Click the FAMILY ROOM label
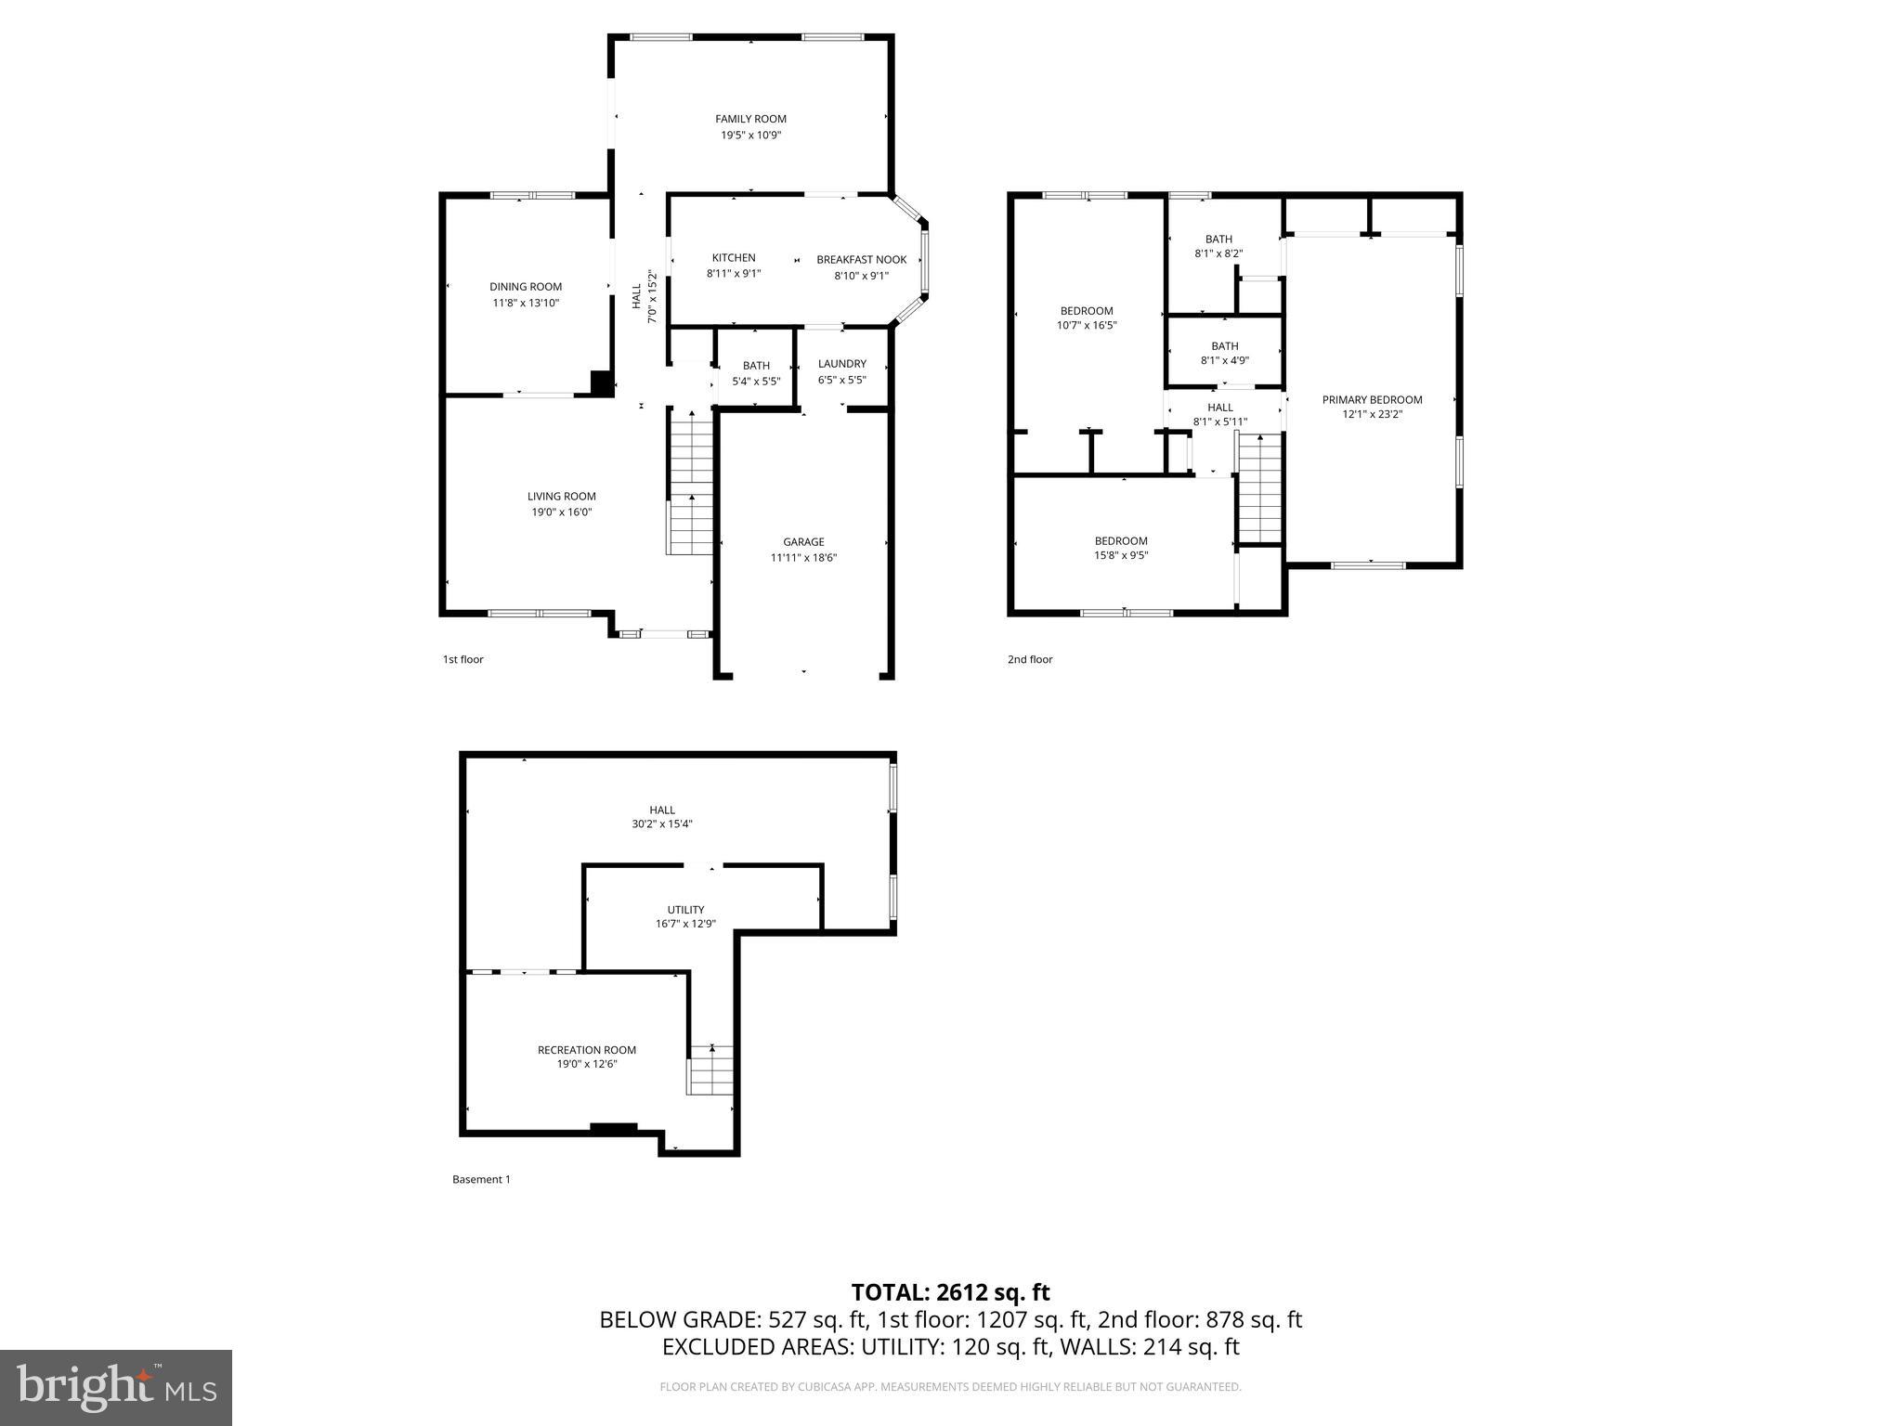750,119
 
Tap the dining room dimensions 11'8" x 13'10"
526,303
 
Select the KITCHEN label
734,258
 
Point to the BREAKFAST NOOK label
861,260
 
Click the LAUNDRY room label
841,364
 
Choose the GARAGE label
803,542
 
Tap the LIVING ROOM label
561,497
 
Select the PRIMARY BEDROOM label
1372,400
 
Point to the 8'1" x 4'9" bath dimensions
1224,361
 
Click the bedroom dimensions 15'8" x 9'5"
1121,556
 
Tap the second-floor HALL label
1219,408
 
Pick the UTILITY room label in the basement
685,910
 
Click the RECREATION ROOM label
586,1050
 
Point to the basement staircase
710,1070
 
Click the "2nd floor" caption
1030,660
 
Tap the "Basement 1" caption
481,1180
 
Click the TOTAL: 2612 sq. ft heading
950,1292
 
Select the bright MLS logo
116,1388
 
